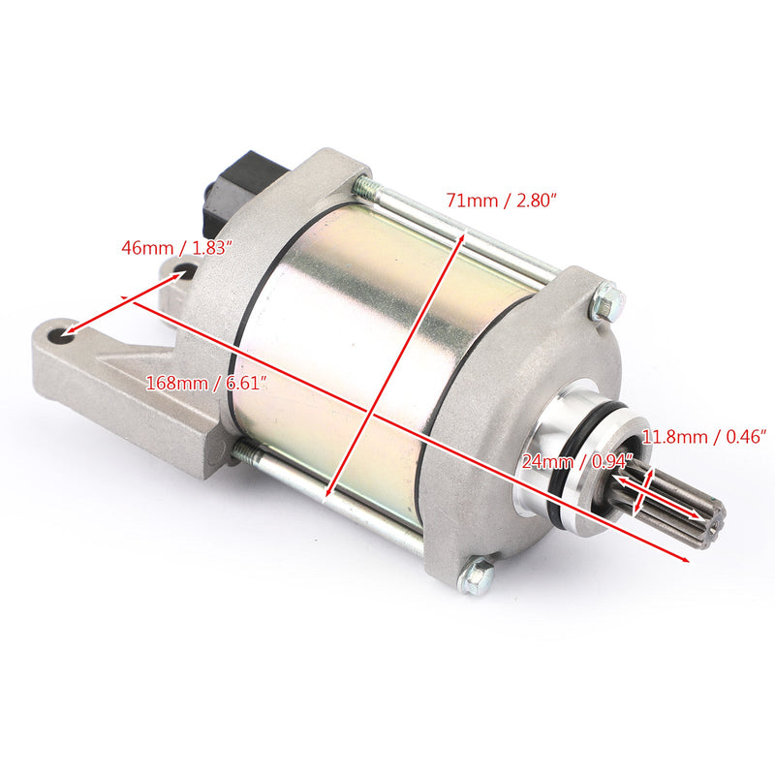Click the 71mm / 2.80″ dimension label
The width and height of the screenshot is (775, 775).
tap(501, 201)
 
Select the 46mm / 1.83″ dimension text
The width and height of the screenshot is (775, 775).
tap(178, 247)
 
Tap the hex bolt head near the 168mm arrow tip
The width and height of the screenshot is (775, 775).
tap(477, 577)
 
